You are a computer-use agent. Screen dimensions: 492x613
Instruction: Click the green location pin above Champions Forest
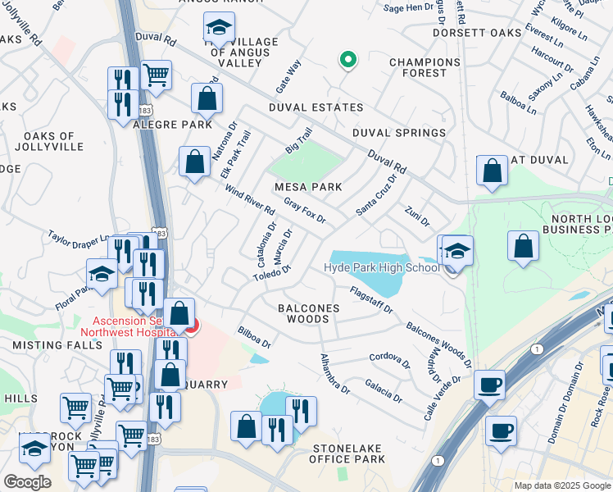point(348,60)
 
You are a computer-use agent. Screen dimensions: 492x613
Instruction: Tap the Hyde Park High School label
point(381,268)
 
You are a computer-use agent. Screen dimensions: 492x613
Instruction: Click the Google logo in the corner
point(27,482)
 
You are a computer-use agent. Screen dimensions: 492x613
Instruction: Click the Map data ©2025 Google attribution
point(561,485)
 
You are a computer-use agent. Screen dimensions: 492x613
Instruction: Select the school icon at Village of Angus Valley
point(219,30)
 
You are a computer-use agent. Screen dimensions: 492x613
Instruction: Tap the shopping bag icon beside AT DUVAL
point(492,171)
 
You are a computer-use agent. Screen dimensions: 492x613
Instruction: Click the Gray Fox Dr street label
point(305,210)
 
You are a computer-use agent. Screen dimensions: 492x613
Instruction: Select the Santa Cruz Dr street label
point(376,194)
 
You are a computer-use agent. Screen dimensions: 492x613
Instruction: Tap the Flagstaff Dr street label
point(371,298)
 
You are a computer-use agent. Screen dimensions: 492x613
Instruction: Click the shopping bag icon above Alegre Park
point(207,98)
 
